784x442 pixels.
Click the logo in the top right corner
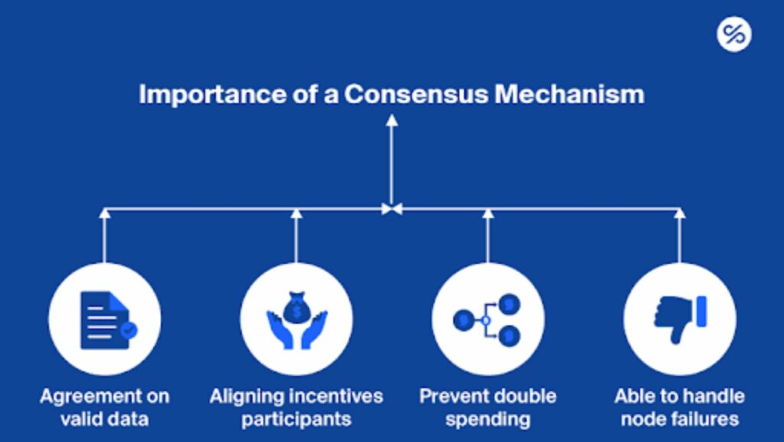[734, 34]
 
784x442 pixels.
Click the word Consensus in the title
[416, 94]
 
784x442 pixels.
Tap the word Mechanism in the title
[570, 94]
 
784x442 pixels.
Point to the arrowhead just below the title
[392, 120]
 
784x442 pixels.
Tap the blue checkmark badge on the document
[129, 330]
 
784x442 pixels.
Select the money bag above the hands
[297, 308]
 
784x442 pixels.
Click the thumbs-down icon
[680, 319]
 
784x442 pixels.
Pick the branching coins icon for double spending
[487, 320]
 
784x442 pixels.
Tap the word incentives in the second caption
[337, 397]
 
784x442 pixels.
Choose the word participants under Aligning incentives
[296, 419]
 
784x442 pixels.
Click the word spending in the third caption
[488, 419]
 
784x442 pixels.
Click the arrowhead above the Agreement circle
[104, 214]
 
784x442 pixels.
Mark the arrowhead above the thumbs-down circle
[680, 214]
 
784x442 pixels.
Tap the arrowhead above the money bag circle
[296, 214]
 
